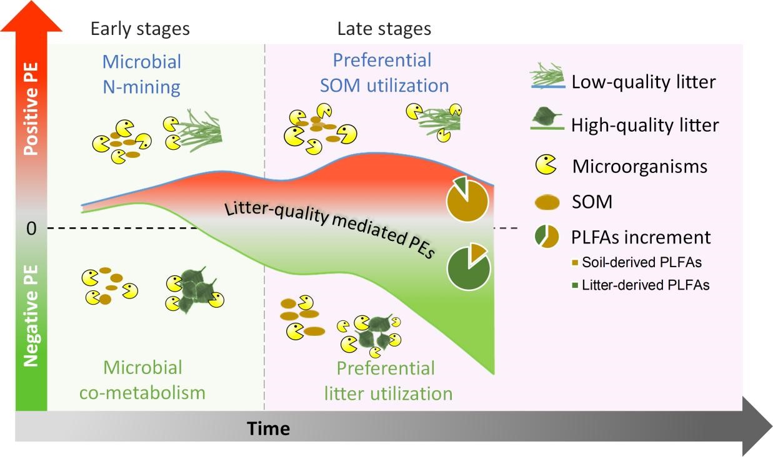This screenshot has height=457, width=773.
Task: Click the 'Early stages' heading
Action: point(140,29)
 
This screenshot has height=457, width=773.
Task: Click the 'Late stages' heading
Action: point(384,29)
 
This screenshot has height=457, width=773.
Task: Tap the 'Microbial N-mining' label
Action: point(142,74)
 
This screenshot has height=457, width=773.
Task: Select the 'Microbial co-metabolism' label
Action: point(142,380)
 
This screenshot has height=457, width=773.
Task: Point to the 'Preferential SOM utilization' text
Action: point(384,72)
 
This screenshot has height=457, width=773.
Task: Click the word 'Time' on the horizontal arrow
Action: point(268,429)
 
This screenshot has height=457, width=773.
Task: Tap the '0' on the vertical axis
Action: point(32,228)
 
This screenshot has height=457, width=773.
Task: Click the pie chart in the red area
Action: point(467,197)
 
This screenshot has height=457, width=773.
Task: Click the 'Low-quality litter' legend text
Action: point(644,82)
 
